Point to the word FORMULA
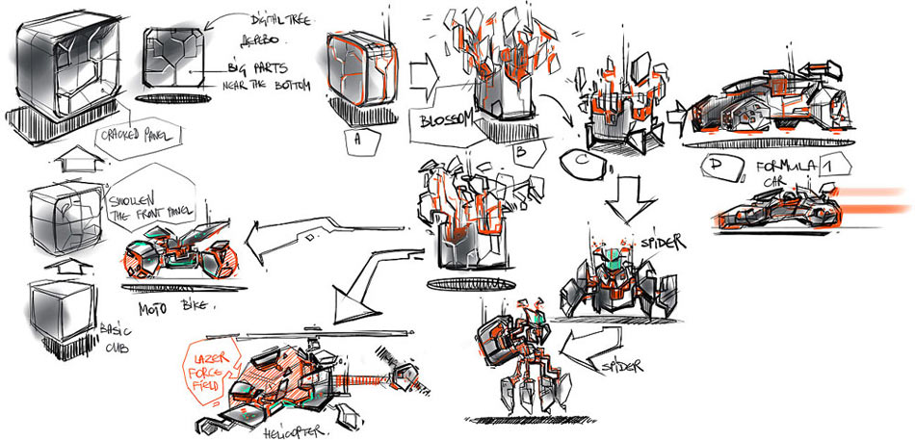pos(786,167)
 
